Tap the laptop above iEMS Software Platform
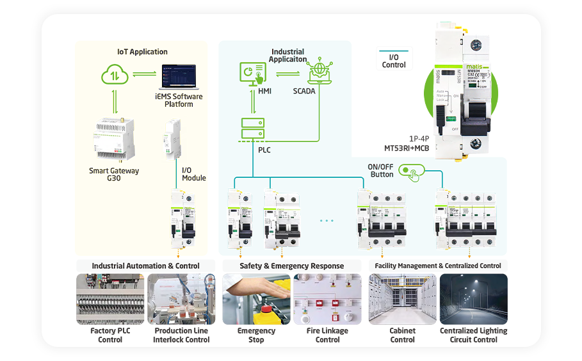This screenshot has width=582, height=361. [179, 77]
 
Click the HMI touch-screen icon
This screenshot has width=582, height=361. [252, 74]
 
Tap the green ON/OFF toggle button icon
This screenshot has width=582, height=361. [410, 172]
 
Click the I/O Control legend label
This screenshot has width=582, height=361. [394, 61]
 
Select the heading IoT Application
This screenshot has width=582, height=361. [142, 52]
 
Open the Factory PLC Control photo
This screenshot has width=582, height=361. [110, 299]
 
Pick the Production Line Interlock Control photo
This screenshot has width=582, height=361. [181, 299]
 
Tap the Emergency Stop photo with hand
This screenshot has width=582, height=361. [256, 299]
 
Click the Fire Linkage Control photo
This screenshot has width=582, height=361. [327, 299]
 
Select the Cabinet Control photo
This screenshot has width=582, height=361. [402, 299]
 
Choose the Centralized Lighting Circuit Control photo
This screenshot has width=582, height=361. [473, 299]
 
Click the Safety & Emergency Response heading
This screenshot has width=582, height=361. [291, 266]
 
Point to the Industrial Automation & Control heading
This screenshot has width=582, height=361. [145, 266]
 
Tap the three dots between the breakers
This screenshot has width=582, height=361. [327, 221]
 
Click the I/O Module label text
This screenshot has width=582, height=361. [194, 174]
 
